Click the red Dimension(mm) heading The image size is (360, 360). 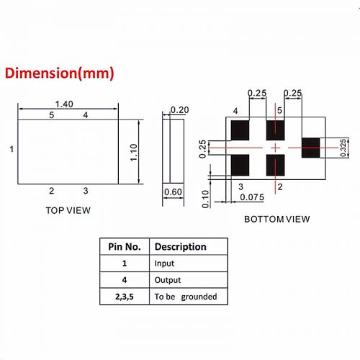(x=59, y=73)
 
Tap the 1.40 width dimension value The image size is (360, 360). (x=64, y=104)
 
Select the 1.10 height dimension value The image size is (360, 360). (x=133, y=153)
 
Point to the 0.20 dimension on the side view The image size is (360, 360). (x=179, y=110)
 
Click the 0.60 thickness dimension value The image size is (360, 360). (x=173, y=192)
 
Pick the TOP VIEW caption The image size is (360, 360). (x=68, y=210)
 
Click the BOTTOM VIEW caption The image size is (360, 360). (x=276, y=219)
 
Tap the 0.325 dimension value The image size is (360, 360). (x=343, y=148)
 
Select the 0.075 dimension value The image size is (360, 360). (x=252, y=197)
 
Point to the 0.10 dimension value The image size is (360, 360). (x=206, y=199)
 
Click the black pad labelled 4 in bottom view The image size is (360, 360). (x=240, y=130)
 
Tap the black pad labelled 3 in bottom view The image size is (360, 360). (x=240, y=165)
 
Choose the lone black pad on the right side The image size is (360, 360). (x=310, y=148)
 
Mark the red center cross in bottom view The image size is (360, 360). (x=275, y=148)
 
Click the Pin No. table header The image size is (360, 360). (x=125, y=247)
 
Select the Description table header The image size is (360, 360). (x=181, y=247)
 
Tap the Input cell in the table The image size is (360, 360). (x=164, y=264)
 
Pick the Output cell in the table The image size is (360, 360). (x=168, y=280)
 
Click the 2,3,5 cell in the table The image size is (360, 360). (x=125, y=297)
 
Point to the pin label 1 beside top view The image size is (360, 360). (x=12, y=149)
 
